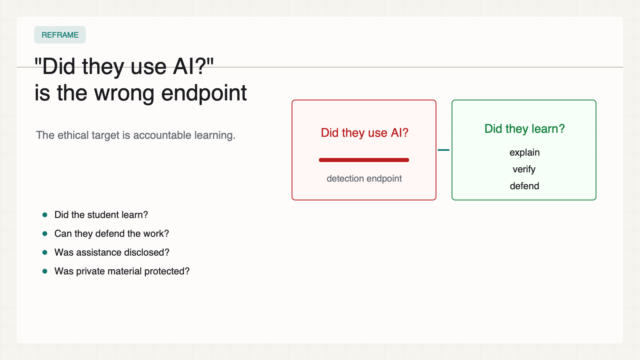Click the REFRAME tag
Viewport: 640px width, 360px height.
click(60, 35)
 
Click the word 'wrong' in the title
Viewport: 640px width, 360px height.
click(124, 93)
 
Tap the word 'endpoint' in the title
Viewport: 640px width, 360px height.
click(204, 93)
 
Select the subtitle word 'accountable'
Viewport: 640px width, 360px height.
click(162, 135)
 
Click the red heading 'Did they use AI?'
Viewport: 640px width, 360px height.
click(364, 133)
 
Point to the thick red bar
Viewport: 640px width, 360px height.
click(364, 160)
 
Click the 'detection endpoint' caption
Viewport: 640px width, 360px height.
click(364, 178)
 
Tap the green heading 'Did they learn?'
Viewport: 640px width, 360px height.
click(524, 129)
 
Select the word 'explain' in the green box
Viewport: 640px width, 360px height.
click(524, 152)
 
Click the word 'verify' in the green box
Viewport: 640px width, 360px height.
click(524, 170)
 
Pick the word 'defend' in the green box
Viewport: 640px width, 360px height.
click(524, 186)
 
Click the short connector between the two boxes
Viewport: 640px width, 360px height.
click(444, 150)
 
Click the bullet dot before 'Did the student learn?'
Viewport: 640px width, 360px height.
click(45, 215)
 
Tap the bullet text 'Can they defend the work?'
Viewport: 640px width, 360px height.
click(112, 234)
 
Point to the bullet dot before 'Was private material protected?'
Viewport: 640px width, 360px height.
click(45, 271)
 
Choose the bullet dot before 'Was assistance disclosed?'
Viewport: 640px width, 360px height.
click(45, 252)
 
